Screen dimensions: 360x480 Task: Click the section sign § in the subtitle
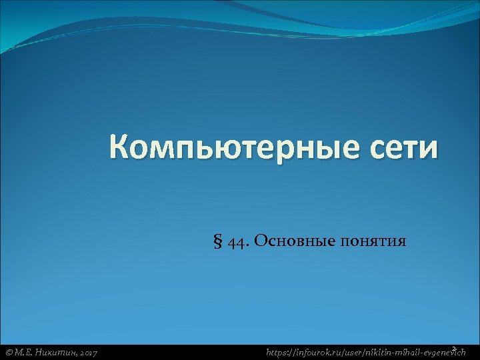pos(217,241)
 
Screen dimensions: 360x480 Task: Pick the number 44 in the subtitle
pos(235,241)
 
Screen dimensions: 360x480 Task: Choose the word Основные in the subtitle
pos(286,241)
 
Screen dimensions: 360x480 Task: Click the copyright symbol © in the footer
pos(9,351)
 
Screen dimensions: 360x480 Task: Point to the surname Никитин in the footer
pos(55,351)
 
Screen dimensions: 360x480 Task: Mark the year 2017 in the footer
pos(87,351)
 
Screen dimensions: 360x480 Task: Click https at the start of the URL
pos(278,351)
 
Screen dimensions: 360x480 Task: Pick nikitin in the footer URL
pos(387,351)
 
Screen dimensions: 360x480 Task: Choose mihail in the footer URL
pos(417,351)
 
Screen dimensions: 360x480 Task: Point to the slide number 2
pos(453,348)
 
